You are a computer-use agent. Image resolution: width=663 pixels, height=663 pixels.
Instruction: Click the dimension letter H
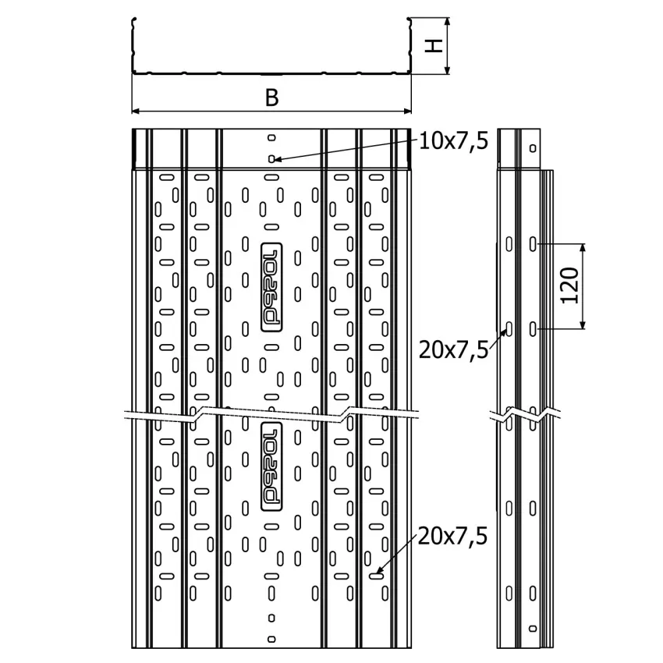pos(434,46)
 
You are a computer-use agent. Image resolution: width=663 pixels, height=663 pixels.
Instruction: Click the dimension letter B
pos(272,97)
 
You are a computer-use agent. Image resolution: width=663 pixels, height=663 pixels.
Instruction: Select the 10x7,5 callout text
pos(453,141)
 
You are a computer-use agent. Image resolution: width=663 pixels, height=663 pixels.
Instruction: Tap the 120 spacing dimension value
pos(570,285)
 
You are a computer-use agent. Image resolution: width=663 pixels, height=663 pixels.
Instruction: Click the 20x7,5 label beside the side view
pos(453,350)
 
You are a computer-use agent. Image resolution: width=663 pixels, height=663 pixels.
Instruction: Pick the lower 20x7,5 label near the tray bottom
pos(452,536)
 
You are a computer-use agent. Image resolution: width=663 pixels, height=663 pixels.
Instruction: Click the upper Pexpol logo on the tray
pos(271,287)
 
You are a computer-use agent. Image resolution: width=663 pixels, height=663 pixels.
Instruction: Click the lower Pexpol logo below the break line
pos(271,466)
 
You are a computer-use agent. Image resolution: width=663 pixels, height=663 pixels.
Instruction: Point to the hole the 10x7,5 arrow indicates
pos(271,159)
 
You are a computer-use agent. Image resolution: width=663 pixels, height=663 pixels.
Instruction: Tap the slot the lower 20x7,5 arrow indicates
pos(376,576)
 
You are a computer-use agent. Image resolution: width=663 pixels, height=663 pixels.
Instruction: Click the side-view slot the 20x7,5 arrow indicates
pos(509,328)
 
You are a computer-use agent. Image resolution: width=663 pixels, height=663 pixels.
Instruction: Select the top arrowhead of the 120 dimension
pos(583,249)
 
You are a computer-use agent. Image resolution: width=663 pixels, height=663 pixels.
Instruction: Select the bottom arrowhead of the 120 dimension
pos(583,324)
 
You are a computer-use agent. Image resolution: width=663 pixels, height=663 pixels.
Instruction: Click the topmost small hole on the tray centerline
pos(271,137)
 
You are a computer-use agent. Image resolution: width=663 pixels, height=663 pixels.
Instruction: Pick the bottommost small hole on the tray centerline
pos(271,639)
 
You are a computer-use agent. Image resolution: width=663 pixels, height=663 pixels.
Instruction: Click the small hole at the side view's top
pos(533,148)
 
